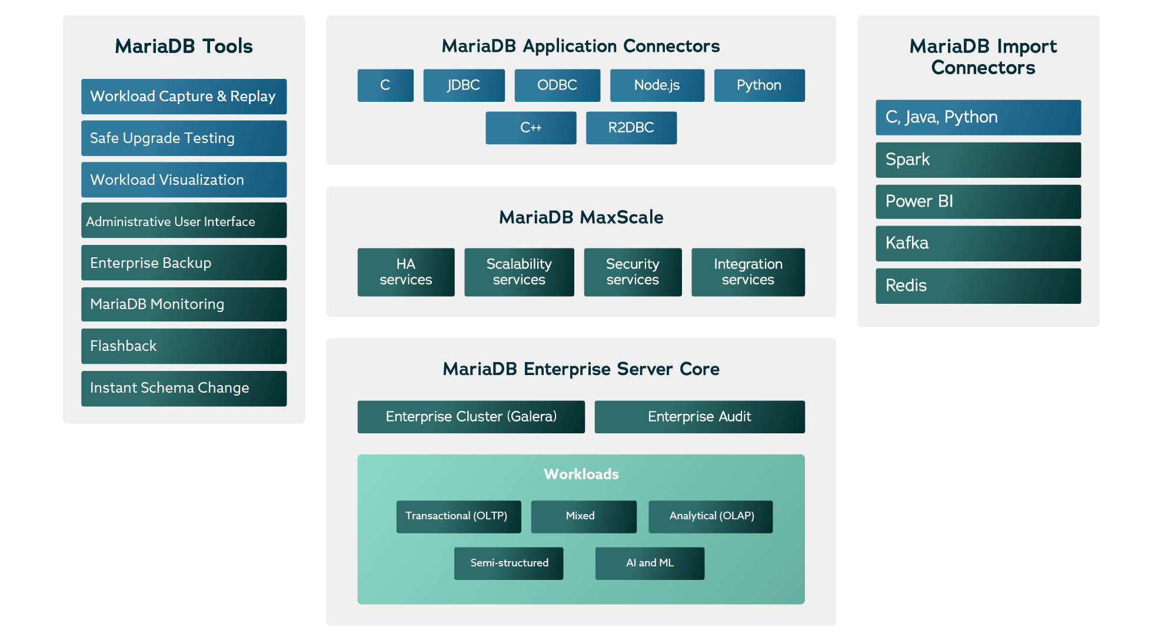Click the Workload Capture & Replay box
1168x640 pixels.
pos(184,97)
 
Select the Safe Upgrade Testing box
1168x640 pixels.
pos(184,138)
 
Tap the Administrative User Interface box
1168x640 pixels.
pos(184,221)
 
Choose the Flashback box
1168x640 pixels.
pos(184,346)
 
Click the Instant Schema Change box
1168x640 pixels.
pos(184,388)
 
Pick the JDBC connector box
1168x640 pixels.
pos(464,85)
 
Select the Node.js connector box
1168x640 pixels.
pos(657,85)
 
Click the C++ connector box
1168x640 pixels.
pos(530,128)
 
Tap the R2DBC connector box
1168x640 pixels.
pos(631,128)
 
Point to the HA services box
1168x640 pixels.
pos(405,272)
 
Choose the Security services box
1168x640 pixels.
pos(633,272)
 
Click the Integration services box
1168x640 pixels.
pos(748,272)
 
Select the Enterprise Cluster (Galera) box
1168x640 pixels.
pos(471,417)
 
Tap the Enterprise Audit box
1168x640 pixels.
pos(699,417)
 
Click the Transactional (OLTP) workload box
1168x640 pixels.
pos(458,516)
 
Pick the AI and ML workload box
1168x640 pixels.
pos(650,563)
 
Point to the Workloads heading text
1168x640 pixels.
pos(581,474)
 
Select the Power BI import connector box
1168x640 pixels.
pos(978,201)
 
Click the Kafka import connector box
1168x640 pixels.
pos(978,243)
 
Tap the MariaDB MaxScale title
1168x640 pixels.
pos(581,217)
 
